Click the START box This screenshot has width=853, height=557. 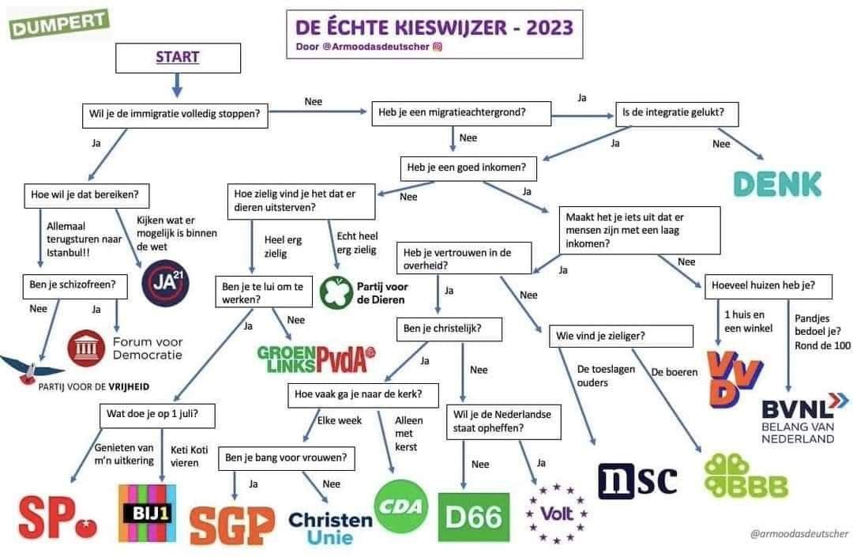177,57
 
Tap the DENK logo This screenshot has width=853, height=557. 777,183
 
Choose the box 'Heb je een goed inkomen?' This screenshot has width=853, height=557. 466,167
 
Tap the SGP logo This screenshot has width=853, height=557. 232,524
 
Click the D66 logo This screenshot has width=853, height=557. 473,517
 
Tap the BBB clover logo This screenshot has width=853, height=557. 746,475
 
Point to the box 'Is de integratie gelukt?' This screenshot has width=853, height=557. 678,113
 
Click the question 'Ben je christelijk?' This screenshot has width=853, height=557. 449,329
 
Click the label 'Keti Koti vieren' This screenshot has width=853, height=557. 190,456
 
